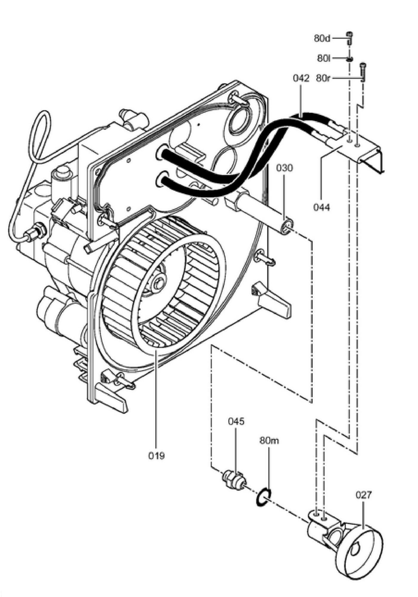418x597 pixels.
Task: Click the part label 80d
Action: click(x=322, y=39)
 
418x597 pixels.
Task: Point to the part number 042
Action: click(x=301, y=79)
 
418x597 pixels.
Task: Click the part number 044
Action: click(x=322, y=207)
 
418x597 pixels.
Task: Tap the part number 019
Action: click(x=157, y=456)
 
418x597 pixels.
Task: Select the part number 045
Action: click(x=236, y=421)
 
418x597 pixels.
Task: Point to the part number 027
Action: click(x=364, y=495)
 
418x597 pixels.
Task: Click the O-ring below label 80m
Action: click(x=263, y=497)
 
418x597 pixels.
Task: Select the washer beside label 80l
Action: click(x=349, y=59)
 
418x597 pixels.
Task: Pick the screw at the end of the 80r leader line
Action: click(x=363, y=72)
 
